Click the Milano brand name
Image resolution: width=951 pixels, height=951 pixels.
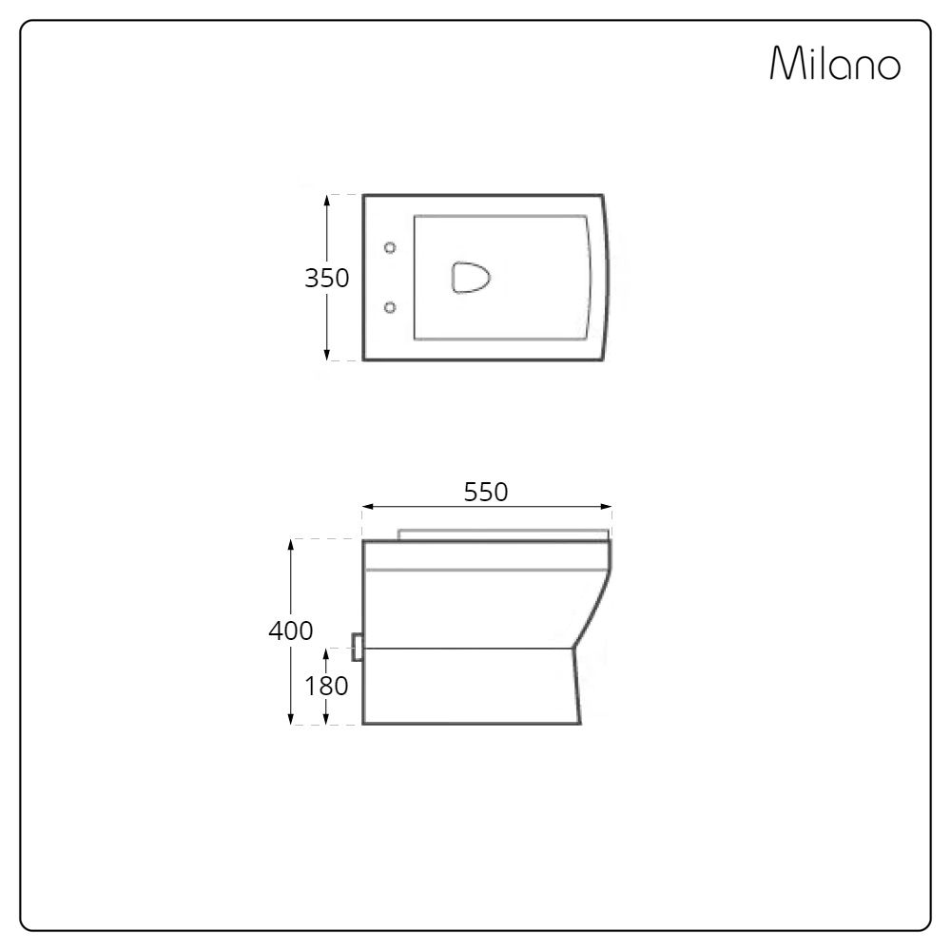[x=835, y=66]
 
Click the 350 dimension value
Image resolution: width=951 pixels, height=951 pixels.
[x=326, y=279]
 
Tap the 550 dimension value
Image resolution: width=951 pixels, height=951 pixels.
[x=486, y=492]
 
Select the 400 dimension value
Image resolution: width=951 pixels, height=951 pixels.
[x=290, y=631]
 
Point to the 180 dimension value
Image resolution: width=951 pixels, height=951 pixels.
[x=326, y=685]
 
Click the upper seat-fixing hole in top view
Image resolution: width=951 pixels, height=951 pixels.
[x=390, y=247]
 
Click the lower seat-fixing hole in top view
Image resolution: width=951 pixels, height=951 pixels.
[x=390, y=306]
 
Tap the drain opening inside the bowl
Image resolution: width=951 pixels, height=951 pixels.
[x=471, y=278]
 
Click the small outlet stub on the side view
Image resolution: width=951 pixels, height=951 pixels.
[x=358, y=648]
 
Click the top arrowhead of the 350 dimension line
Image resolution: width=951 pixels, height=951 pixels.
[x=327, y=200]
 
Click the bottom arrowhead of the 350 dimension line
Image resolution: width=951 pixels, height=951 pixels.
[x=327, y=356]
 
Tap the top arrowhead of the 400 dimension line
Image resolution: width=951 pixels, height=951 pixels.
[x=290, y=544]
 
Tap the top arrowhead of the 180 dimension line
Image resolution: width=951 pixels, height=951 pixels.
[x=327, y=653]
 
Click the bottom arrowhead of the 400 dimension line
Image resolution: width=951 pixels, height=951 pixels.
[x=290, y=719]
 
